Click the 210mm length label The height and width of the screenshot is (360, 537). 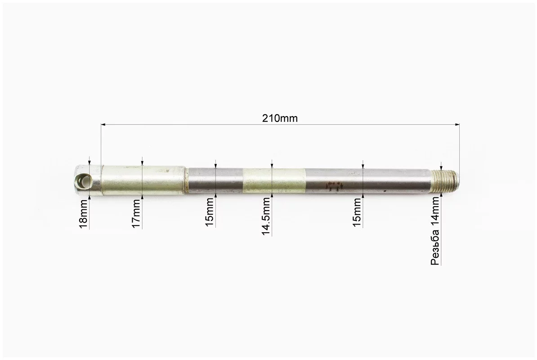[280, 118]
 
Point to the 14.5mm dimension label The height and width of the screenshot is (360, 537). [266, 216]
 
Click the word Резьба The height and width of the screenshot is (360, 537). [435, 247]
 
